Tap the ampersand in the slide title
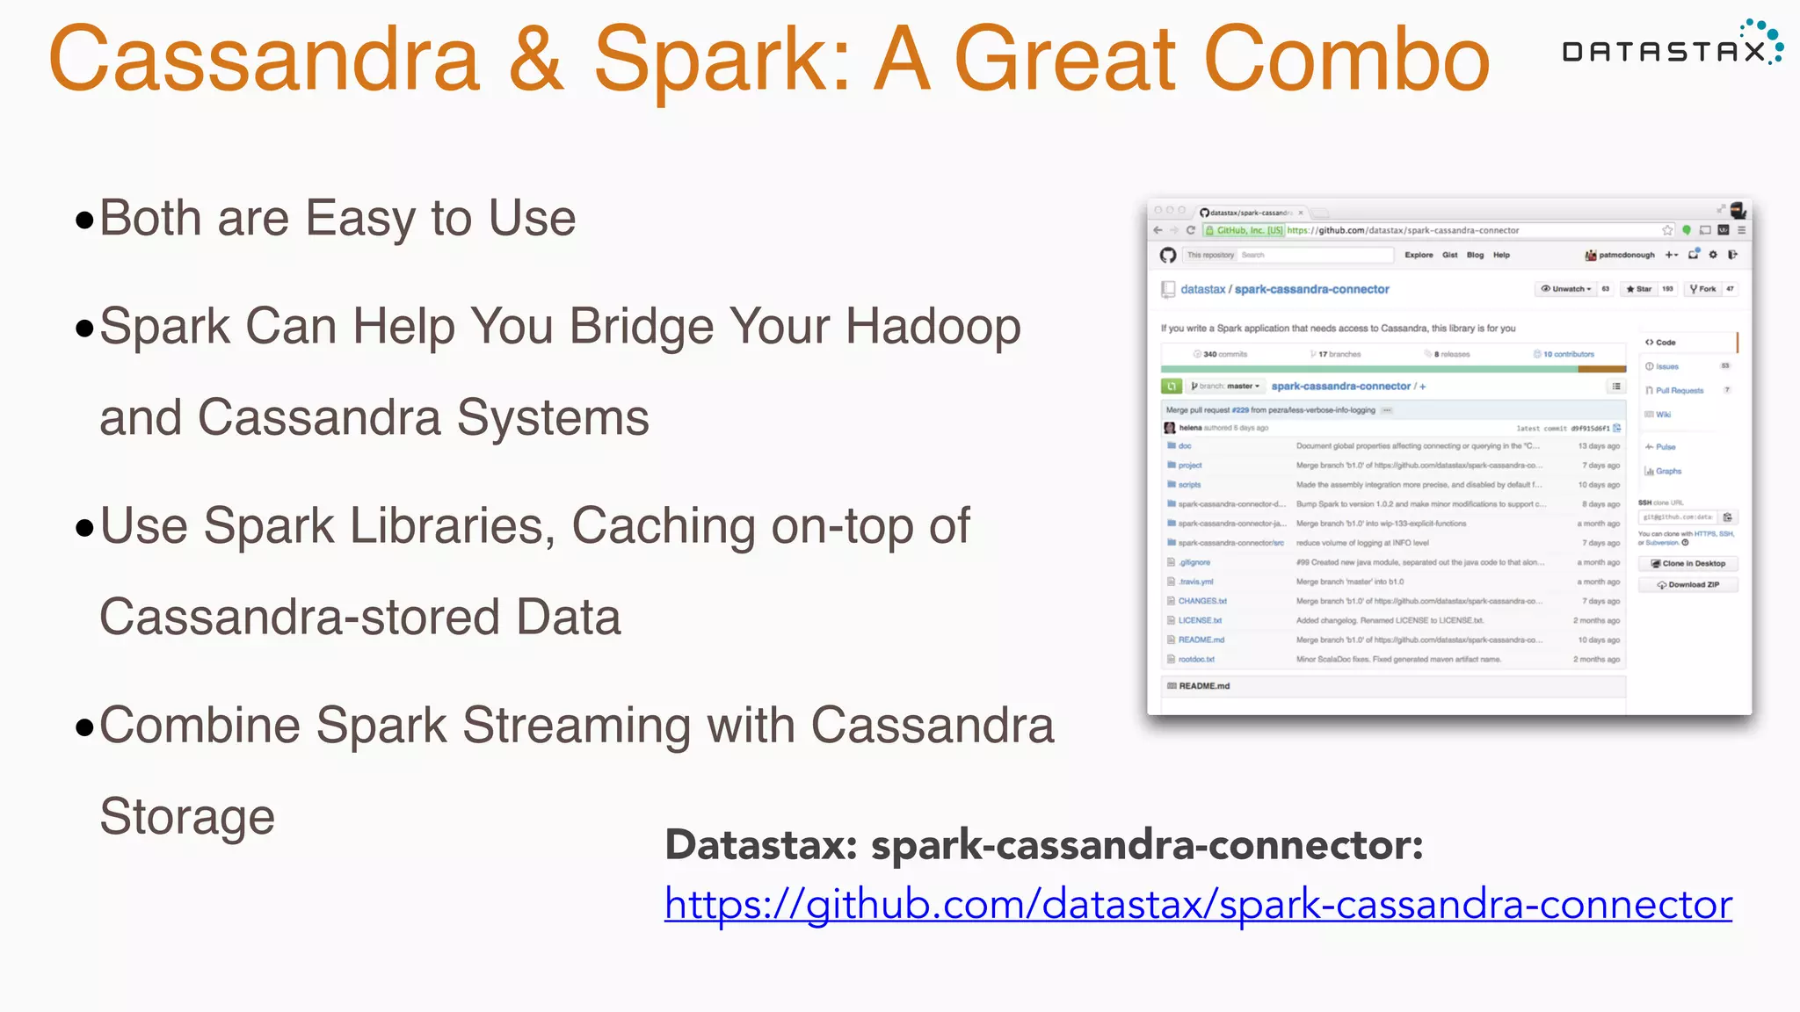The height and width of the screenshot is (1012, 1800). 535,60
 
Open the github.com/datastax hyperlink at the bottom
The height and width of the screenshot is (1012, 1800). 1197,905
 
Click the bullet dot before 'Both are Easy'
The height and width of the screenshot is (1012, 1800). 84,220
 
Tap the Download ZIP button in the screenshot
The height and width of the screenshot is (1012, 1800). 1688,585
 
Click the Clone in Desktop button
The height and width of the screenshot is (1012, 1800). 1688,564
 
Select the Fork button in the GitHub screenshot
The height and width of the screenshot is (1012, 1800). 1702,289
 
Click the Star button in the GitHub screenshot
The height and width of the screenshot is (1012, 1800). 1639,289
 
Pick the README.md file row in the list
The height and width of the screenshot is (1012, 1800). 1201,640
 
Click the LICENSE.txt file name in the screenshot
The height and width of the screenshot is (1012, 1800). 1200,621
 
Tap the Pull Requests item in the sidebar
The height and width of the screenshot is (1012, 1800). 1679,391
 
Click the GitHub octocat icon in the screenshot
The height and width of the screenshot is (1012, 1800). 1168,256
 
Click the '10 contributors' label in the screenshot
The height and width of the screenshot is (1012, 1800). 1568,355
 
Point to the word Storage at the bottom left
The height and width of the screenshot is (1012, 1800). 187,817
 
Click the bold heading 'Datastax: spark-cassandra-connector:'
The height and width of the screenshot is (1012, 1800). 1043,846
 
